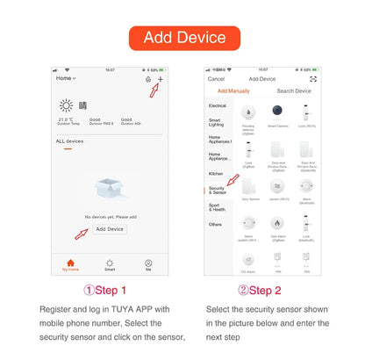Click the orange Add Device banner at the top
click(x=182, y=38)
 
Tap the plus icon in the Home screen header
click(x=161, y=79)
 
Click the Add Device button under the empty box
click(x=110, y=228)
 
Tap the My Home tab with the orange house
click(x=69, y=264)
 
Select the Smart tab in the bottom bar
click(x=110, y=264)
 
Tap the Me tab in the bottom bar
click(x=148, y=264)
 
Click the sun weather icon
click(x=66, y=105)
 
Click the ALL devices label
click(x=69, y=140)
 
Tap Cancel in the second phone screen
click(x=216, y=79)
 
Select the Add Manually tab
click(x=233, y=90)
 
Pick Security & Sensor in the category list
click(x=217, y=189)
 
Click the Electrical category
click(x=217, y=106)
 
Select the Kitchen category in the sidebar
click(x=216, y=173)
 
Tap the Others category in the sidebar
click(x=216, y=224)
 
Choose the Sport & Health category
click(x=217, y=207)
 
